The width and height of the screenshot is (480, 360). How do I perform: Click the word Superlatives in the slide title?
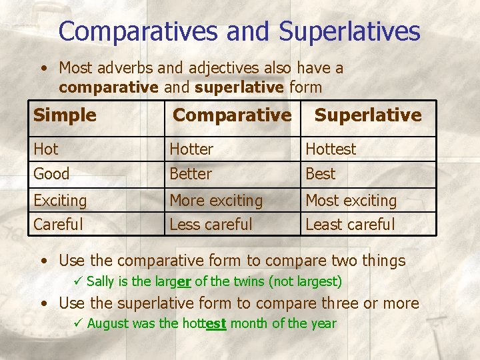pyautogui.click(x=350, y=31)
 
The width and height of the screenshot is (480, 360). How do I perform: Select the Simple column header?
pyautogui.click(x=65, y=115)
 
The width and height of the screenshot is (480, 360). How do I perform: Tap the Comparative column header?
pyautogui.click(x=232, y=115)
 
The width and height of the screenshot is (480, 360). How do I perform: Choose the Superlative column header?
pyautogui.click(x=368, y=115)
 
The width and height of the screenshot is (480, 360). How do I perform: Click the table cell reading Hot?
pyautogui.click(x=46, y=149)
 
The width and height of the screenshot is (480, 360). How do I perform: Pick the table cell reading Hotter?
pyautogui.click(x=191, y=149)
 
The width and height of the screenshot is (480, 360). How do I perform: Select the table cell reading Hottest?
pyautogui.click(x=331, y=149)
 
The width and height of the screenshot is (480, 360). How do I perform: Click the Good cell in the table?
pyautogui.click(x=51, y=174)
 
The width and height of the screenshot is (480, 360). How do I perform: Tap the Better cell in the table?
pyautogui.click(x=191, y=174)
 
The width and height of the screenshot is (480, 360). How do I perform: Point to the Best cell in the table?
pyautogui.click(x=321, y=174)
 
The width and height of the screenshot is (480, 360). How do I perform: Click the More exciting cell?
pyautogui.click(x=216, y=200)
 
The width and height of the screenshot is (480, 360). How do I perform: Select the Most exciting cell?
pyautogui.click(x=351, y=200)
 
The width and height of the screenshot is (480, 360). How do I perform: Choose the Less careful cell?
pyautogui.click(x=211, y=225)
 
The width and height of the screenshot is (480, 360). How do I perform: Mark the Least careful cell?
pyautogui.click(x=350, y=225)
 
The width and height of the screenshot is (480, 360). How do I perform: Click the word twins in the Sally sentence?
pyautogui.click(x=249, y=281)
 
